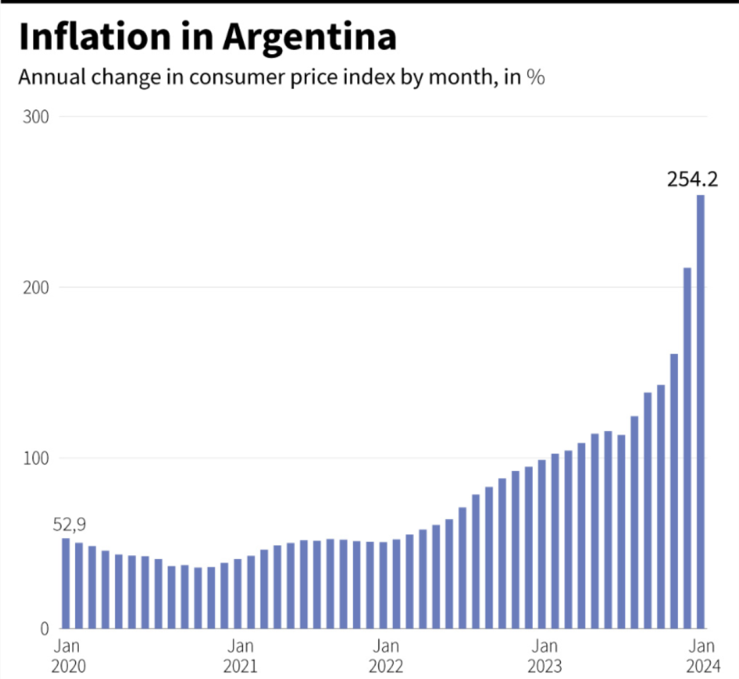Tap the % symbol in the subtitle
536,78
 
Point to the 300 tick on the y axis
36,117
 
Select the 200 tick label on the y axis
36,287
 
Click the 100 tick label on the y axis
36,459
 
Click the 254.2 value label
692,179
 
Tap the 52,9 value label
69,525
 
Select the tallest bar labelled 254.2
701,412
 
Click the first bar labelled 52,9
66,584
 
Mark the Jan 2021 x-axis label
240,656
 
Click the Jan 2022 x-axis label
386,656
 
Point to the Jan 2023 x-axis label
545,656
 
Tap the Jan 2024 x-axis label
702,656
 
